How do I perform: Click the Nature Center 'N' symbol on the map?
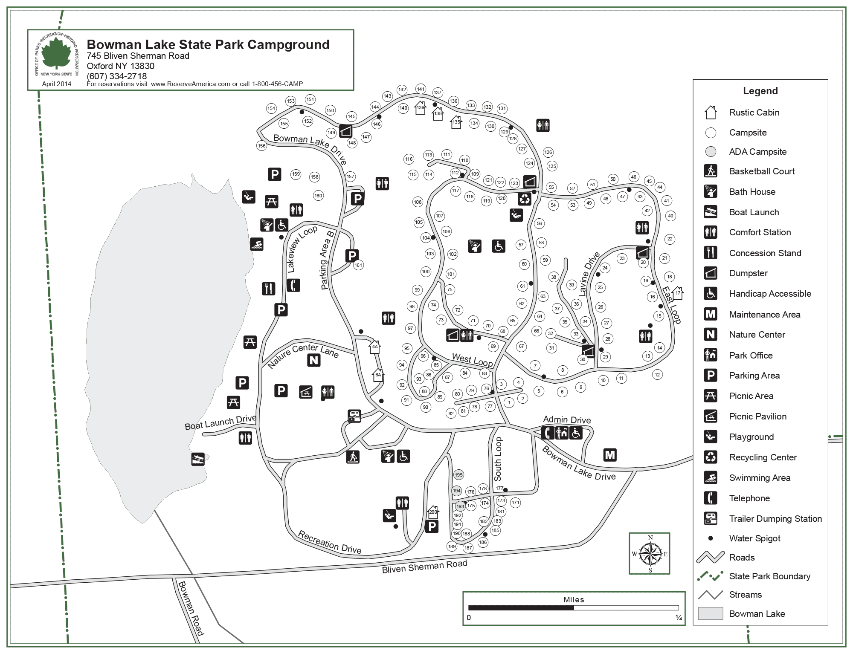click(x=314, y=360)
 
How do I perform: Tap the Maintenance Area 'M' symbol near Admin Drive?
click(x=610, y=455)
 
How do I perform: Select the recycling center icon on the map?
click(x=525, y=199)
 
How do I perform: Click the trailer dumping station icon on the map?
click(x=354, y=416)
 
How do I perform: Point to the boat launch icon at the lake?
click(x=198, y=459)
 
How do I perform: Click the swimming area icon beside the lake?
click(x=257, y=244)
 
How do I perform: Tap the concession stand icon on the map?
click(x=269, y=289)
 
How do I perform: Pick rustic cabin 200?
click(x=433, y=511)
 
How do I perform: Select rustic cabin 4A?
click(x=374, y=347)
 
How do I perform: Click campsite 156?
click(x=261, y=146)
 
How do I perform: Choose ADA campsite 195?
click(x=458, y=475)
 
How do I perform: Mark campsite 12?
click(x=657, y=375)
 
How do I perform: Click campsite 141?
click(x=421, y=89)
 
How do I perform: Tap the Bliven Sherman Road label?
click(x=424, y=567)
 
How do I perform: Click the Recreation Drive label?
click(x=330, y=542)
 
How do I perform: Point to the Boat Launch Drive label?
click(x=220, y=422)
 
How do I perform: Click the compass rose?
click(x=650, y=554)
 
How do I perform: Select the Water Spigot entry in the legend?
click(x=754, y=538)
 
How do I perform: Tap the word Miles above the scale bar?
click(x=574, y=600)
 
